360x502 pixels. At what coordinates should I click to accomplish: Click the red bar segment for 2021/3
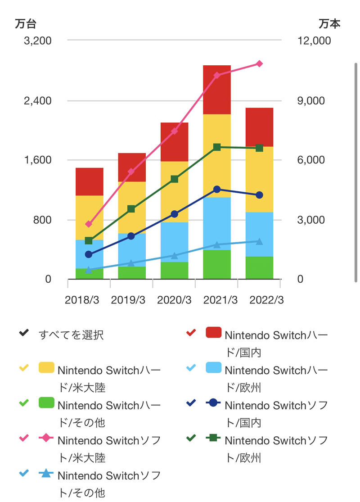[x=217, y=90]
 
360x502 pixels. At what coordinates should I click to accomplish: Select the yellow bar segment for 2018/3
[x=90, y=217]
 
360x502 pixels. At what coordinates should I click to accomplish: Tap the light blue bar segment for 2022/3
[x=259, y=234]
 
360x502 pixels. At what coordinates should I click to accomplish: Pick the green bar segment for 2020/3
[x=174, y=271]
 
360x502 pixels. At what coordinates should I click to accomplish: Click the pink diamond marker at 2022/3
[x=259, y=64]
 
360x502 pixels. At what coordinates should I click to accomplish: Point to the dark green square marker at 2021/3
[x=217, y=147]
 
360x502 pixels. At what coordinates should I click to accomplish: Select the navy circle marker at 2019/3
[x=131, y=236]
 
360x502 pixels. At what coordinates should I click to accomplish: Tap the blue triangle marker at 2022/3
[x=259, y=241]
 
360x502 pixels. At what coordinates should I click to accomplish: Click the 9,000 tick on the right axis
[x=310, y=100]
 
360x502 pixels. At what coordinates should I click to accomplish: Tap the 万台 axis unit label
[x=25, y=24]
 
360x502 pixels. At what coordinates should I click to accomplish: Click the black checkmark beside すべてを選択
[x=24, y=334]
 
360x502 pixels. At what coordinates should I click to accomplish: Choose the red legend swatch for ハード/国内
[x=214, y=333]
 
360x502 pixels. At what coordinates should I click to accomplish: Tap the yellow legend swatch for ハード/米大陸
[x=46, y=368]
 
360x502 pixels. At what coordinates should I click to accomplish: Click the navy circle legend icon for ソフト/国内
[x=214, y=403]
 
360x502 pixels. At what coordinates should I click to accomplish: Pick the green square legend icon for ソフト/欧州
[x=214, y=438]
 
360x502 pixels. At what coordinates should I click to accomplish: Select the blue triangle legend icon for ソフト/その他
[x=46, y=473]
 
